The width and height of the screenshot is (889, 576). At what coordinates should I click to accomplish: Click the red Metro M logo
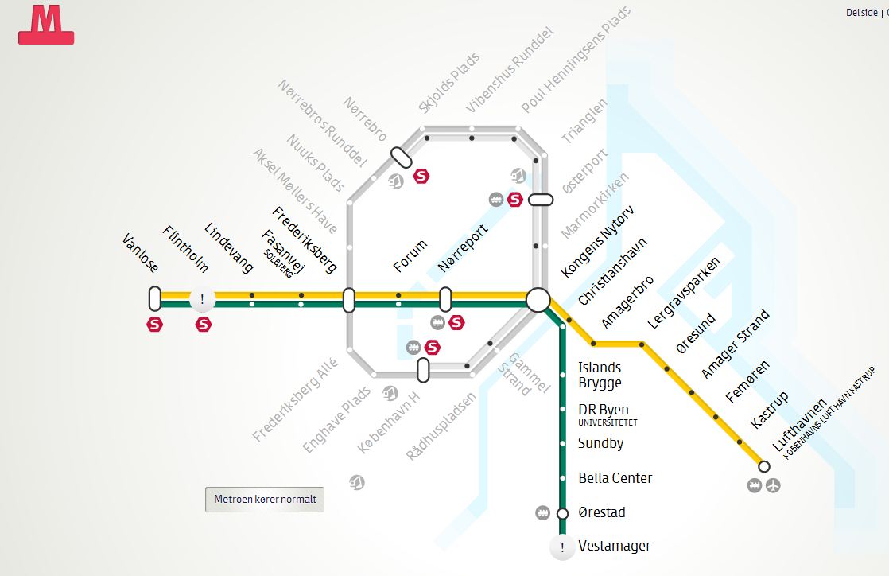click(x=46, y=25)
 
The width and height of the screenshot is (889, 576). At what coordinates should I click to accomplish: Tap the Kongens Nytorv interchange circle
click(x=538, y=300)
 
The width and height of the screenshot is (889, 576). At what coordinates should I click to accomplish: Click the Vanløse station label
click(x=141, y=254)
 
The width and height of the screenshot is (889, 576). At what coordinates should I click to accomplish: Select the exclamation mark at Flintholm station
click(x=203, y=300)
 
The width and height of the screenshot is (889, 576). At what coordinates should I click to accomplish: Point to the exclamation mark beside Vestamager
click(x=562, y=547)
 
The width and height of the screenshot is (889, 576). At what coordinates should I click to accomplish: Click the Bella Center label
click(x=615, y=478)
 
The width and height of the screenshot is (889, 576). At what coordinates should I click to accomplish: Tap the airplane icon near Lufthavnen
click(x=773, y=485)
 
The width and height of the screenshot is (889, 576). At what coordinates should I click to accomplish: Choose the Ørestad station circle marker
click(x=562, y=513)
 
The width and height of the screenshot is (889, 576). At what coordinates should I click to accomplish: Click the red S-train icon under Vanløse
click(x=155, y=325)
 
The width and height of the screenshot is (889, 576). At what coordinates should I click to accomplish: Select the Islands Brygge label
click(x=600, y=375)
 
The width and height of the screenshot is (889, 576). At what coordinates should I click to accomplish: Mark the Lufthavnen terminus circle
click(x=764, y=466)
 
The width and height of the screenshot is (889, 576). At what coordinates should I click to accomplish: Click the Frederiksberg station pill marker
click(x=348, y=300)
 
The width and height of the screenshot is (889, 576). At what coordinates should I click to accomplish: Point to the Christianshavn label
click(x=612, y=271)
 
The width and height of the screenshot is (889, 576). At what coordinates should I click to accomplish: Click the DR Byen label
click(x=603, y=411)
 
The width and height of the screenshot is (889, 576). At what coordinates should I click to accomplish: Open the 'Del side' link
click(x=862, y=13)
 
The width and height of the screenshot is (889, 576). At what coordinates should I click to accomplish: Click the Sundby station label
click(x=600, y=443)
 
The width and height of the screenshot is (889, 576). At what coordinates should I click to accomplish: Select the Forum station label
click(x=410, y=255)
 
